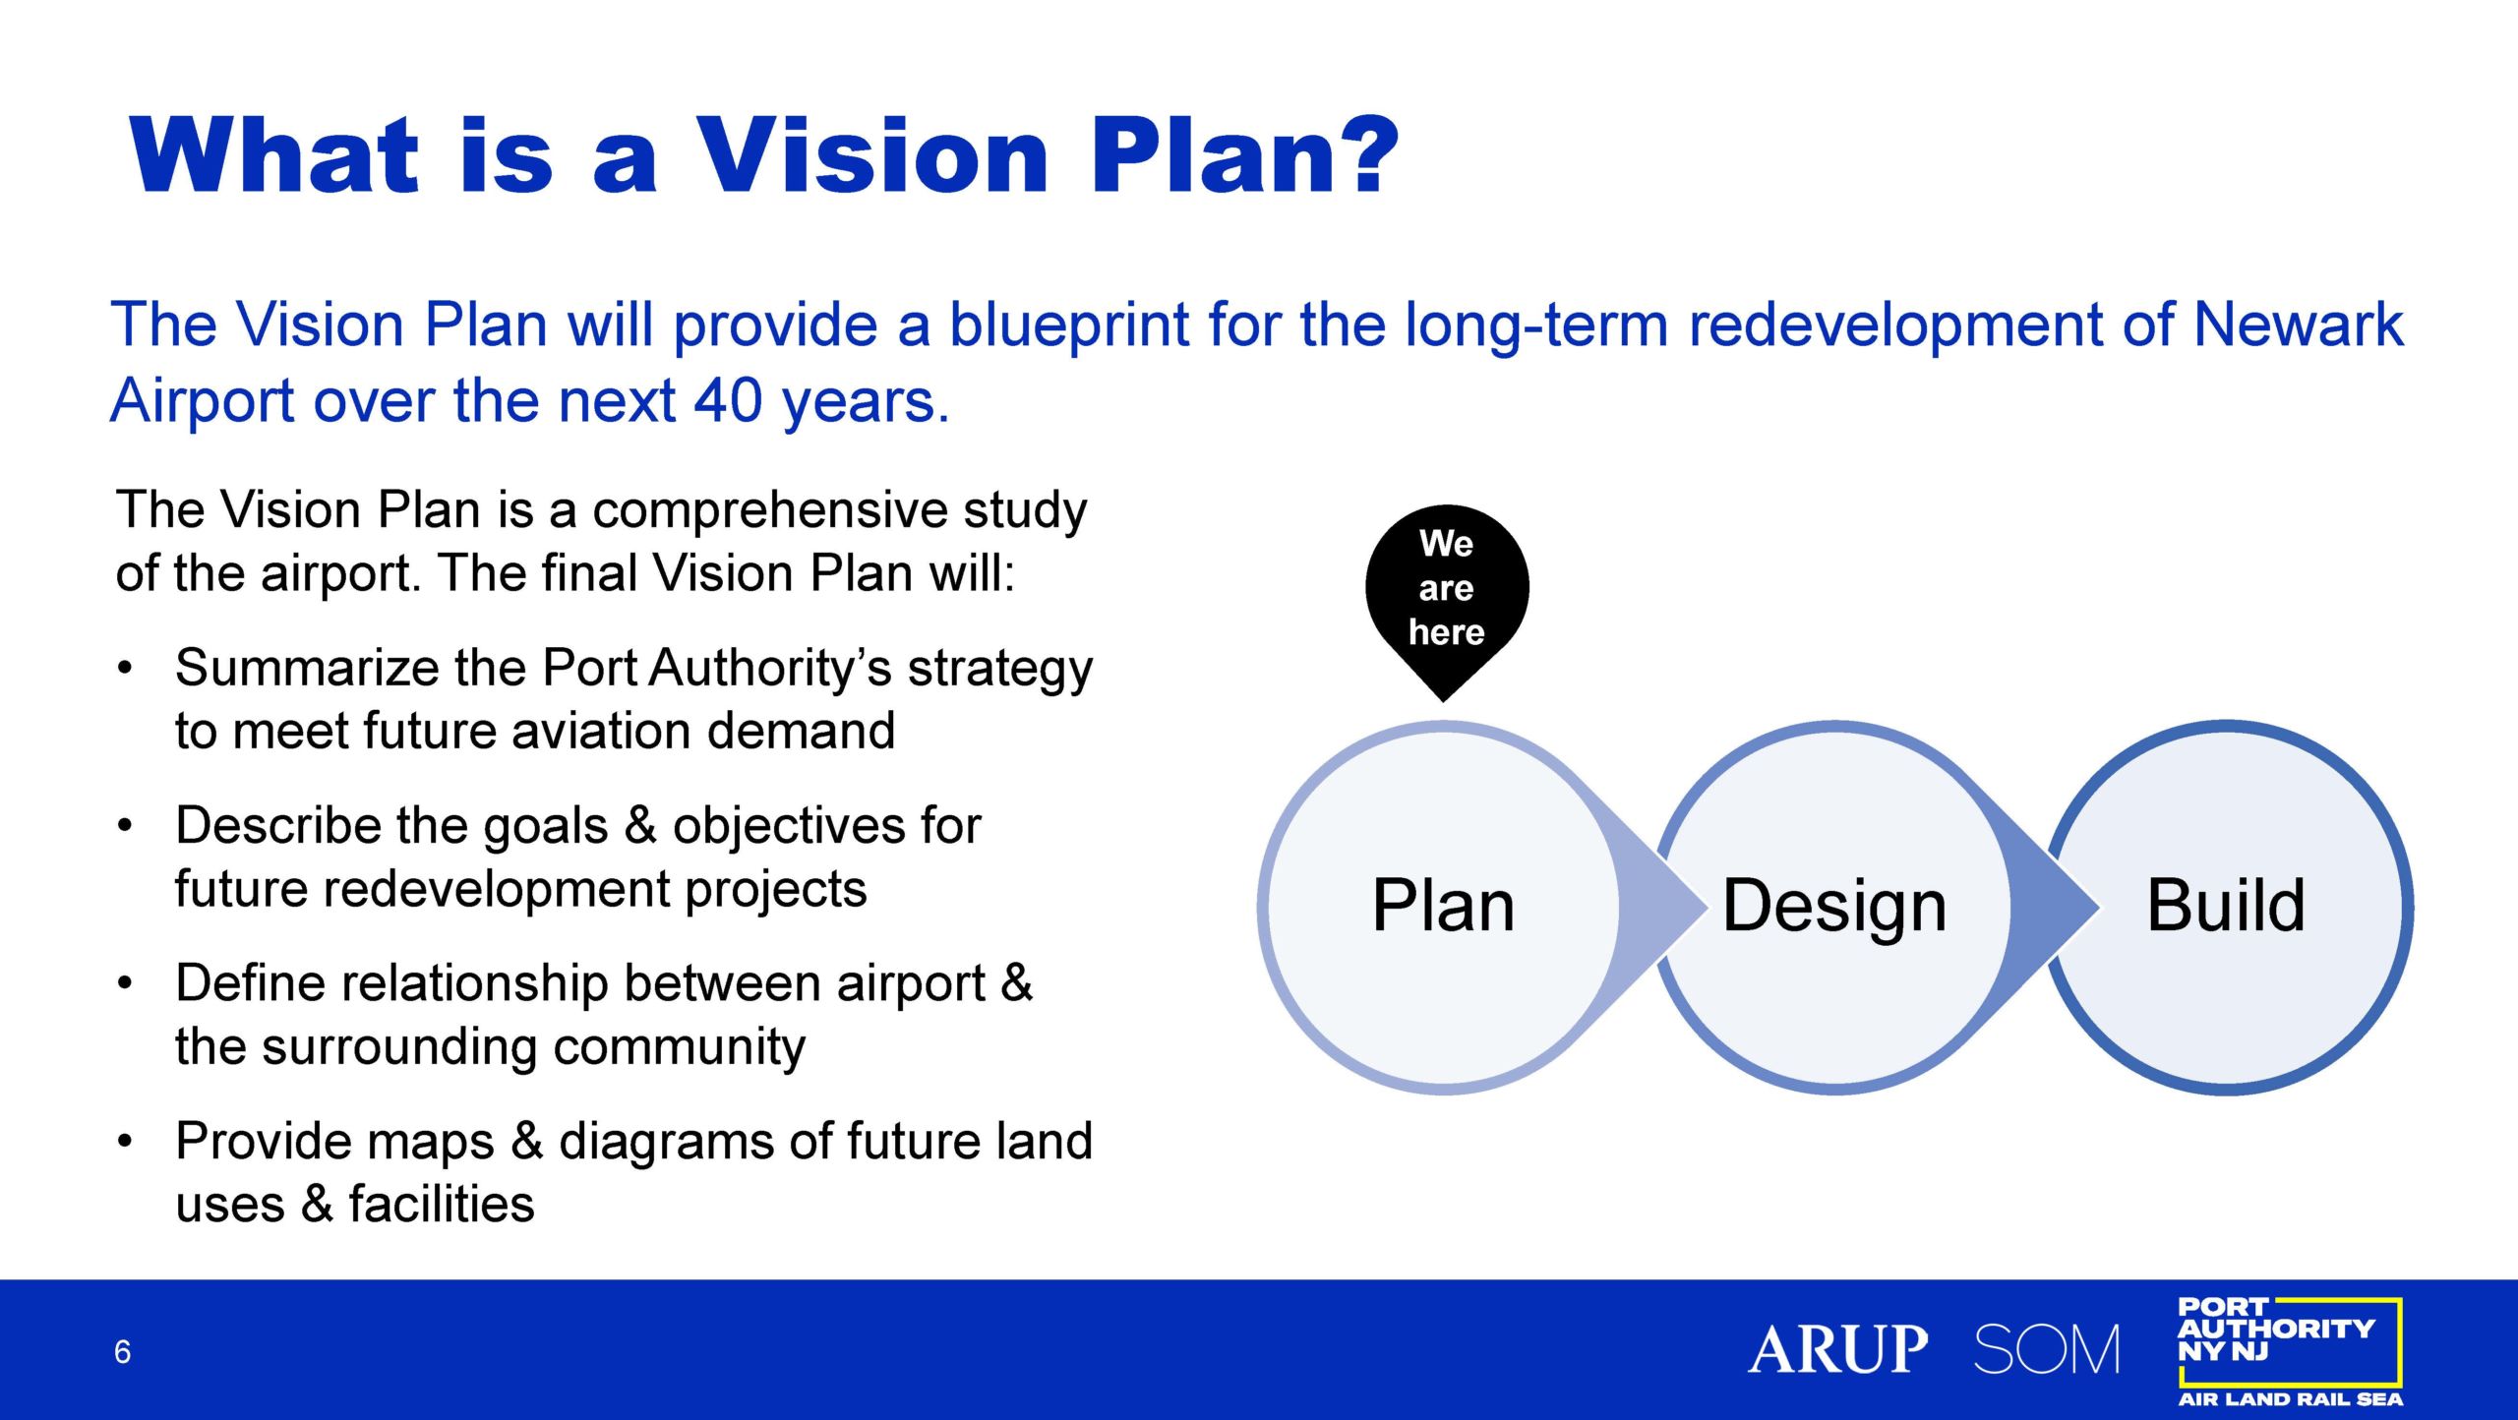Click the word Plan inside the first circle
click(1443, 905)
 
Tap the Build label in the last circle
click(2226, 905)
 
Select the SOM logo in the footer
click(2047, 1349)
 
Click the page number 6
click(122, 1352)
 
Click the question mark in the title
click(1362, 154)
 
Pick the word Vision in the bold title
click(872, 154)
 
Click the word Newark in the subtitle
click(2299, 324)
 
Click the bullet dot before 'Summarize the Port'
click(124, 668)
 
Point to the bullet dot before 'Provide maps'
click(124, 1141)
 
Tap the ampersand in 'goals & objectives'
click(640, 825)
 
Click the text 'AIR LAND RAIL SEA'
click(2290, 1398)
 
